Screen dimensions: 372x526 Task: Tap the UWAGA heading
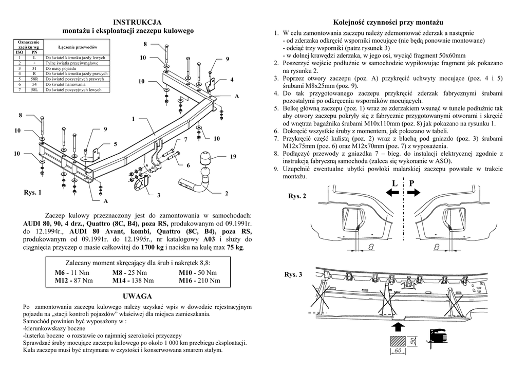click(x=137, y=296)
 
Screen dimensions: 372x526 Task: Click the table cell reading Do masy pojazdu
click(x=61, y=68)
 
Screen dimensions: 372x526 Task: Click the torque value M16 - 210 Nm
click(x=199, y=281)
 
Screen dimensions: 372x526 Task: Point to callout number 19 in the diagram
click(x=233, y=156)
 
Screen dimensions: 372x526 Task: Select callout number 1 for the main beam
click(x=133, y=119)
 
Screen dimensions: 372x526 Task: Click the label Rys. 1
click(x=32, y=193)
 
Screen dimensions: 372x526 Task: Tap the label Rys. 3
click(x=294, y=275)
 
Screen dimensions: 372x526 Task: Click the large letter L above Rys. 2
click(x=394, y=183)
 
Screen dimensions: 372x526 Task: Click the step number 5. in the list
click(x=276, y=109)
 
